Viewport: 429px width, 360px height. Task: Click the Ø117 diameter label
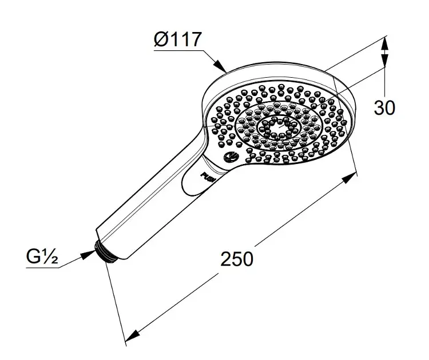[x=177, y=39]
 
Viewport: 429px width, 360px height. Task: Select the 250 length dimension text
[x=237, y=259]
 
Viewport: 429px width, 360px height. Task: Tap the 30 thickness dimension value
[x=384, y=107]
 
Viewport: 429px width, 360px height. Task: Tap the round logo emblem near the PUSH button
[x=231, y=157]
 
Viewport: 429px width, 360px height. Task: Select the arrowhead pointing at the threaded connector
[x=88, y=255]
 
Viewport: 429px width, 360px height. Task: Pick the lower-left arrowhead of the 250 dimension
[x=133, y=335]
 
